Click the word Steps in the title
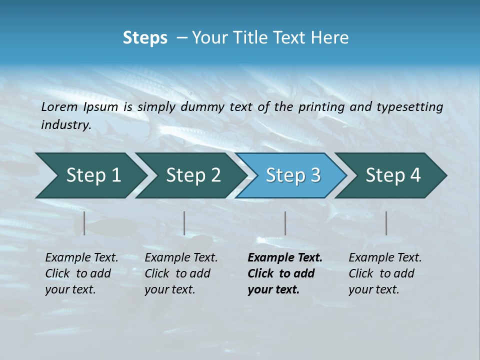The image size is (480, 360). coord(145,38)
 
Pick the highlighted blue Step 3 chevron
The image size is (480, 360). coord(292,175)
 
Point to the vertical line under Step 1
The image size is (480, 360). coord(84,223)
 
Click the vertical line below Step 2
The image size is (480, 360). coord(184,223)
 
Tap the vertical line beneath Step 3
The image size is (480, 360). coord(285,223)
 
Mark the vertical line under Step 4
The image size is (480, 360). coord(386,223)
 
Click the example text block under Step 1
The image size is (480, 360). coord(81,273)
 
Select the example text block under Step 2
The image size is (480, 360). coord(180,273)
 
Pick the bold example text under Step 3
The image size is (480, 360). coord(284,273)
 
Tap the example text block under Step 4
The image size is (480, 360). coord(384,273)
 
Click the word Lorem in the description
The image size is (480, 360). coord(59,107)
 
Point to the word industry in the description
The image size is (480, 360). coord(66,125)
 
